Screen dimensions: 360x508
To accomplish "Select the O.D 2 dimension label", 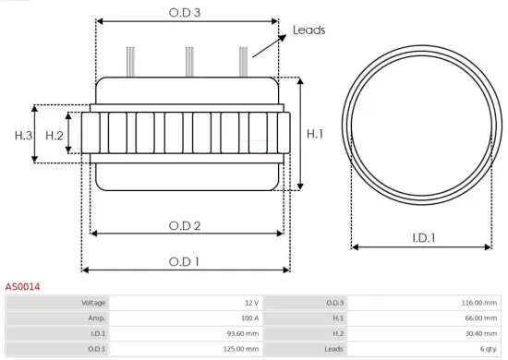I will tap(185, 225).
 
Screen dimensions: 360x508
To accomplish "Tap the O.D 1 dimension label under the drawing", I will tap(185, 261).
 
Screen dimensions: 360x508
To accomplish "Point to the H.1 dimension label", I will tap(315, 135).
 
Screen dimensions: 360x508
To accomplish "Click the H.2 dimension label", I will tap(54, 136).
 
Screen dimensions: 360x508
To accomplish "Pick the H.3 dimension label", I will tap(23, 136).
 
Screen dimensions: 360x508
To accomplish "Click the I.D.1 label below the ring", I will tap(423, 238).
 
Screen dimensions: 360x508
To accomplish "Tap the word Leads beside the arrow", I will tap(308, 30).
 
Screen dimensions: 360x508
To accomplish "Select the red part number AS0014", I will tap(22, 287).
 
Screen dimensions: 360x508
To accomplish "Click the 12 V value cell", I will tap(250, 303).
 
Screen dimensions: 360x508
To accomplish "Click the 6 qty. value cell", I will tap(488, 349).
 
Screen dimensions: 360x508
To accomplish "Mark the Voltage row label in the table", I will tap(94, 303).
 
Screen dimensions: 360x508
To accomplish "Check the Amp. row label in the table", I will tap(97, 318).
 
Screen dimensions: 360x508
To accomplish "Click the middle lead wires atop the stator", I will tap(188, 60).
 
